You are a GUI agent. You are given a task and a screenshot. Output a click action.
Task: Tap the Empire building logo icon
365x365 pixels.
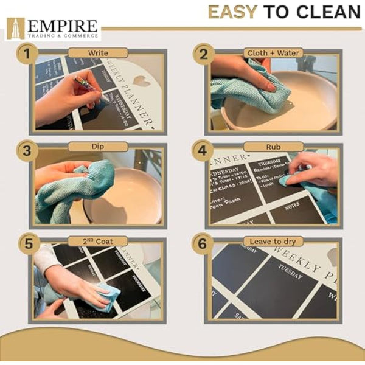[x=15, y=28]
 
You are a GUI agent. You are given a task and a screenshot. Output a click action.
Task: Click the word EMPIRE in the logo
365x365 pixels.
[x=61, y=26]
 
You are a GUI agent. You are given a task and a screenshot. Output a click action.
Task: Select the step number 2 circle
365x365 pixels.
[x=204, y=54]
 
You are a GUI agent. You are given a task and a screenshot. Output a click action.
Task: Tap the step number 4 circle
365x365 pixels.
[x=204, y=148]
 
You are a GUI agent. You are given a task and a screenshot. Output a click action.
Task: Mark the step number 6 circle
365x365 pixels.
[x=204, y=242]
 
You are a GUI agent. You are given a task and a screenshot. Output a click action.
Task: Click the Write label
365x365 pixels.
[x=97, y=53]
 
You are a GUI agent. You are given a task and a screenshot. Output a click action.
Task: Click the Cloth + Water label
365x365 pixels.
[x=273, y=53]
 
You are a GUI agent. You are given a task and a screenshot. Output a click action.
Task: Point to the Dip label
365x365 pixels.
[x=97, y=147]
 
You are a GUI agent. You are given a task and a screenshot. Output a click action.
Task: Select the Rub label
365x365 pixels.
[x=273, y=147]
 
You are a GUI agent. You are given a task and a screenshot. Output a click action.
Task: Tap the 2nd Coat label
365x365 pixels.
[x=97, y=241]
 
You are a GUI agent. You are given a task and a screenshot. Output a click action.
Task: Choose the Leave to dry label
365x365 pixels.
[x=273, y=241]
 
